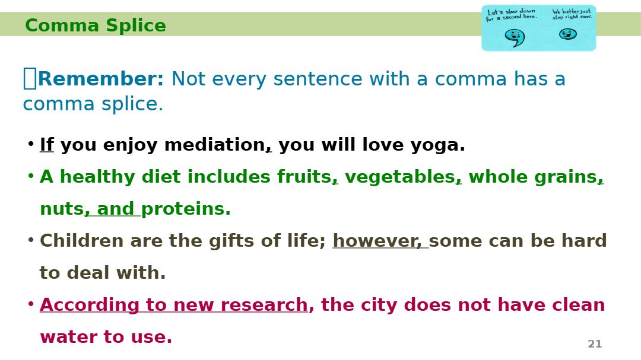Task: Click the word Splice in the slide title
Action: [136, 26]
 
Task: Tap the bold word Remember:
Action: [100, 78]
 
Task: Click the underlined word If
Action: [47, 144]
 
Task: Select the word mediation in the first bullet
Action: [215, 145]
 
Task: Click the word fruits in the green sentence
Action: [304, 177]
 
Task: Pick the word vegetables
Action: [400, 177]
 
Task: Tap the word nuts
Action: [62, 209]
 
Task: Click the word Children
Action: [81, 240]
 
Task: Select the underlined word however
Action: [375, 241]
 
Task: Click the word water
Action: [69, 337]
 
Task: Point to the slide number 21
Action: [595, 344]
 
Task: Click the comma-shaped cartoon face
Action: [514, 37]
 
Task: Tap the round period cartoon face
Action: [568, 34]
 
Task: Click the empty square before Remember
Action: [30, 78]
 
